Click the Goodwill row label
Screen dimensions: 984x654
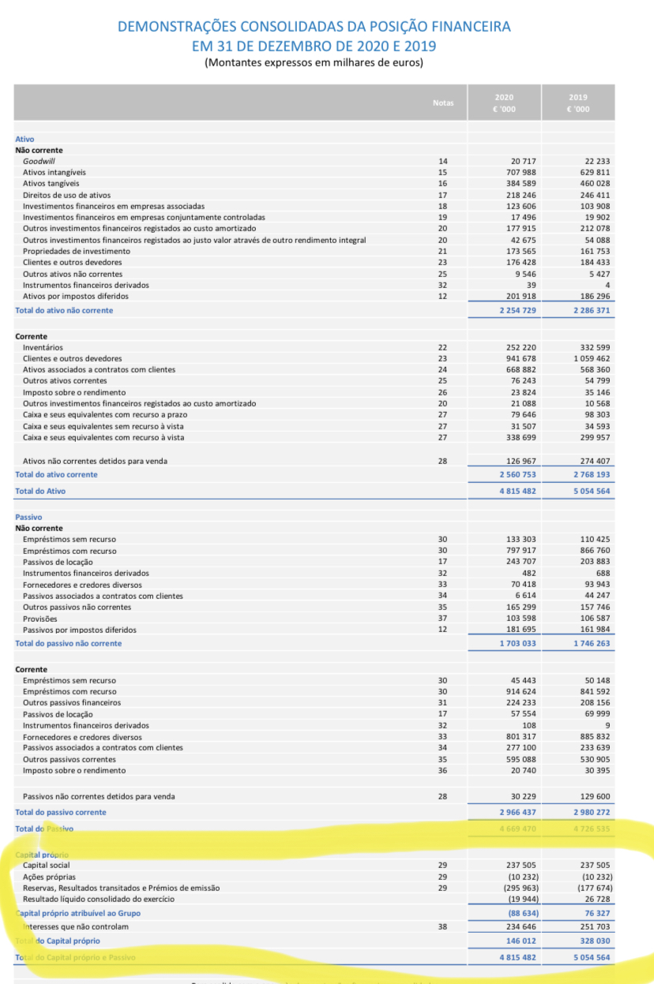click(39, 161)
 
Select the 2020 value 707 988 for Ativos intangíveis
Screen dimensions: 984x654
click(521, 172)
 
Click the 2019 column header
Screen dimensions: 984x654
click(577, 103)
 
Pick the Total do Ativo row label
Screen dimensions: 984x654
click(40, 491)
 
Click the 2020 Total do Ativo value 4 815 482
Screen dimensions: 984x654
click(517, 491)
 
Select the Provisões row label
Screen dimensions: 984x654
click(40, 619)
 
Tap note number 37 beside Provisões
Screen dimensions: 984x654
click(442, 619)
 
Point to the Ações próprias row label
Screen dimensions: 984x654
click(49, 877)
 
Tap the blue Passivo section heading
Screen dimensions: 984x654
click(28, 517)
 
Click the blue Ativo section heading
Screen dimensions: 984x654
click(24, 139)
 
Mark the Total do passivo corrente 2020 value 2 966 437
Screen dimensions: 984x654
click(517, 812)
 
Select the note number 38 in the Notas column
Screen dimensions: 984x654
click(442, 926)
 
